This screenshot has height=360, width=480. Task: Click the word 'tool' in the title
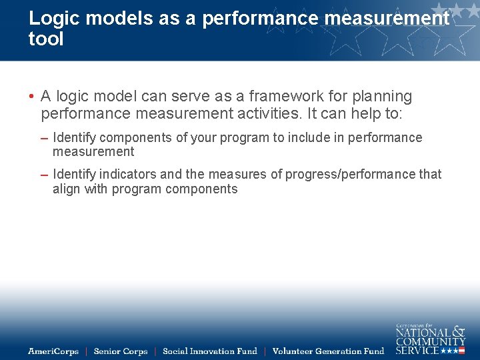tap(46, 39)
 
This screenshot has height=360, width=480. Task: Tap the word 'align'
tap(67, 189)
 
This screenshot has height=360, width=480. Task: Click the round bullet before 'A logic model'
tap(31, 97)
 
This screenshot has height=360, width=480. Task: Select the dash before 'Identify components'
tap(44, 138)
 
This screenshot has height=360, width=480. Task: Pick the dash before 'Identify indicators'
tap(44, 175)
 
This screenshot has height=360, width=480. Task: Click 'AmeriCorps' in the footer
tap(53, 351)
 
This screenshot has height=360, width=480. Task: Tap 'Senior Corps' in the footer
tap(121, 351)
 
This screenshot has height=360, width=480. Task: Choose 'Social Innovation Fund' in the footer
tap(209, 351)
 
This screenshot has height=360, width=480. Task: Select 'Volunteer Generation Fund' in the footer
tap(328, 351)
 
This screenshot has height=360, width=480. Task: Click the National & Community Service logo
tap(430, 339)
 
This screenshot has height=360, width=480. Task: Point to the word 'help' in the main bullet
tap(366, 113)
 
